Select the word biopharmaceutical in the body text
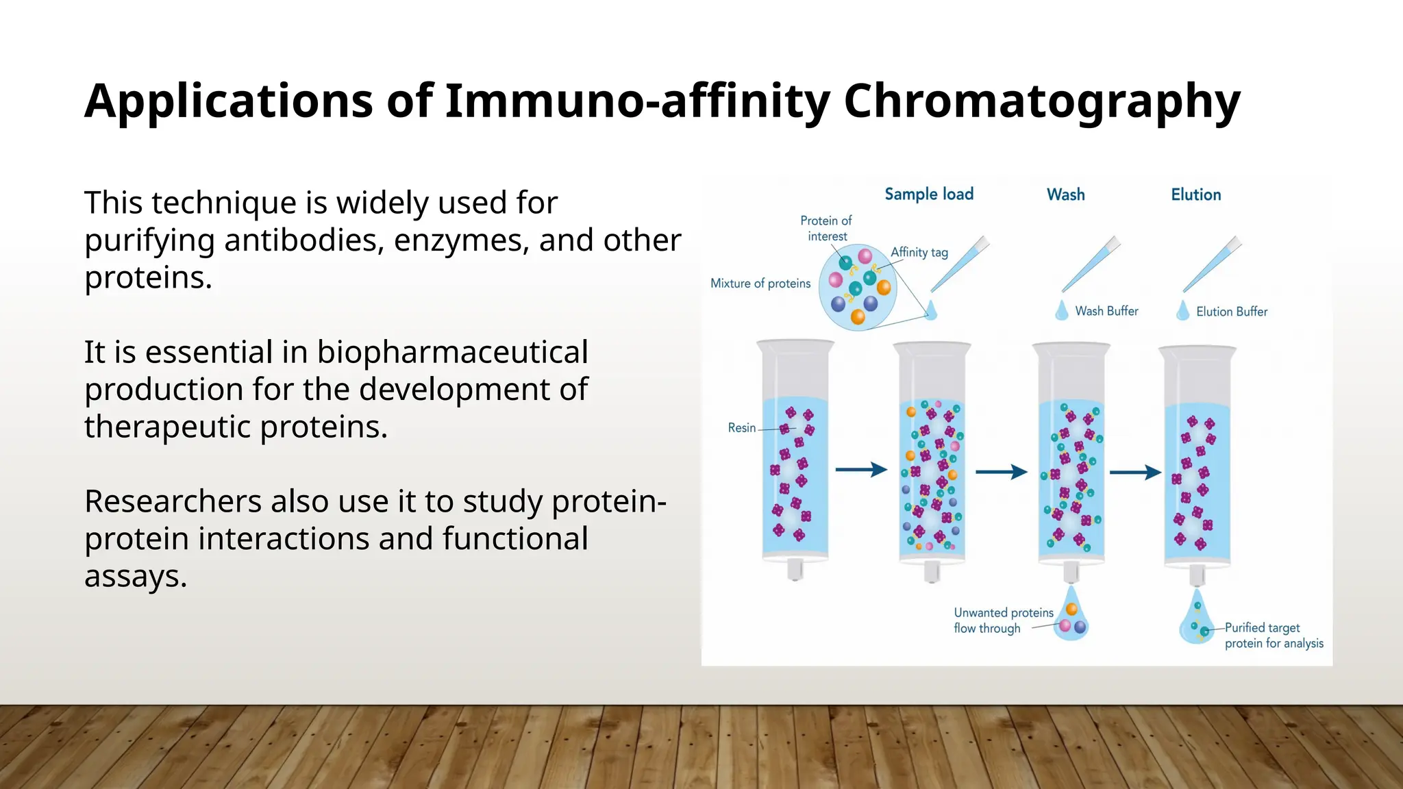click(x=452, y=352)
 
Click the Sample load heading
click(x=929, y=195)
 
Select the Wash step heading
click(x=1065, y=195)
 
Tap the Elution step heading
click(x=1195, y=195)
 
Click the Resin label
click(x=741, y=428)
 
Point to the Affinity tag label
click(x=919, y=252)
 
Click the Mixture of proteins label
click(x=760, y=284)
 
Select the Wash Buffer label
click(x=1106, y=312)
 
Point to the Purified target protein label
click(x=1273, y=636)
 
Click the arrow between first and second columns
click(x=861, y=470)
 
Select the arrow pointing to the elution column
click(x=1135, y=472)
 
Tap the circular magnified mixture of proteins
click(x=858, y=288)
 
